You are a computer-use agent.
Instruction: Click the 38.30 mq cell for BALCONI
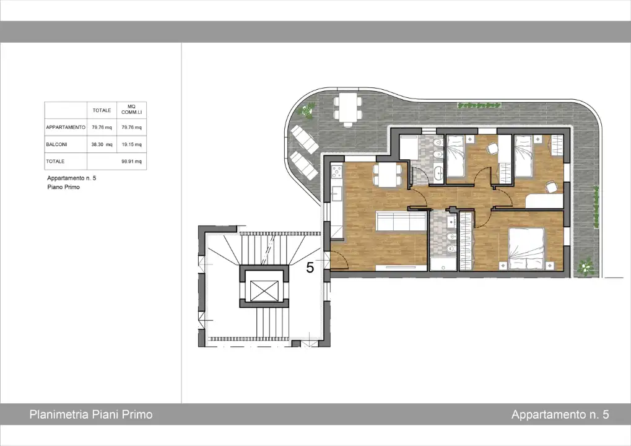click(x=102, y=144)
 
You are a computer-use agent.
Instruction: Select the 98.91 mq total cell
click(x=132, y=162)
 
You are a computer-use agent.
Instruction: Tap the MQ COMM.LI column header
click(x=132, y=110)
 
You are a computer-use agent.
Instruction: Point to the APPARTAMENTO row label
click(x=66, y=127)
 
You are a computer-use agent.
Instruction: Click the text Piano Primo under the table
click(x=64, y=187)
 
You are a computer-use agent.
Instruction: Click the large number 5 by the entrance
click(x=310, y=268)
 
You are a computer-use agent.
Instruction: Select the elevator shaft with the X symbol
click(x=264, y=291)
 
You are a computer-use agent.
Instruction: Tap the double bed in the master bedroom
click(x=526, y=249)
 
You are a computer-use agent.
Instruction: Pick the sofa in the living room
click(x=401, y=221)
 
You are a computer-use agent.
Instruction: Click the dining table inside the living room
click(x=387, y=175)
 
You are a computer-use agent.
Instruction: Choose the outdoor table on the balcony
click(x=348, y=108)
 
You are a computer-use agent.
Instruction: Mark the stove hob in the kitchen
click(x=336, y=172)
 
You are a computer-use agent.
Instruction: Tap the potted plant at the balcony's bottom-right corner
click(x=586, y=266)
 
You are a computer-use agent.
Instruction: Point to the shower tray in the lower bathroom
click(x=443, y=264)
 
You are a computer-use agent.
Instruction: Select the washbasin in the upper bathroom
click(x=438, y=173)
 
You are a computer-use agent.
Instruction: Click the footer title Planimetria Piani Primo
click(x=91, y=414)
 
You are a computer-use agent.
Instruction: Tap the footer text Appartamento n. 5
click(x=560, y=414)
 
